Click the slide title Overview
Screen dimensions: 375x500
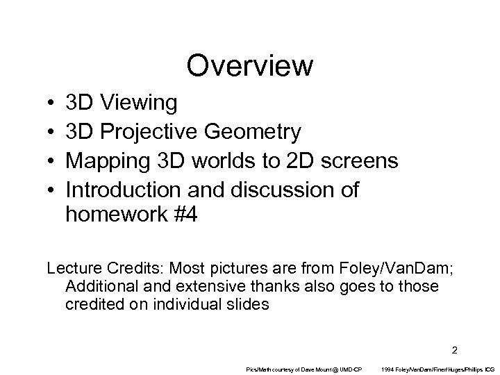coord(250,66)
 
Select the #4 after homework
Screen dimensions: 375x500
coord(185,215)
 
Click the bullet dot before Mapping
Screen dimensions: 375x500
coord(53,161)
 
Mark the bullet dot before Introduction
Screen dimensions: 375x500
coord(53,189)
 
